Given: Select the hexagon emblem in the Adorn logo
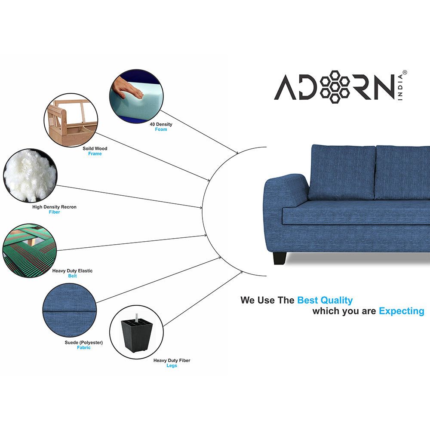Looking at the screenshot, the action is (335, 87).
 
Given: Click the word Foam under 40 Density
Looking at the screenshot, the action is (161, 129).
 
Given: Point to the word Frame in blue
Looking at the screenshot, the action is (95, 154).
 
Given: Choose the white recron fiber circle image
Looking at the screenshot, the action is (30, 175).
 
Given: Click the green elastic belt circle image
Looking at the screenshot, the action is (30, 250).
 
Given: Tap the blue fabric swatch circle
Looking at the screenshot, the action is (70, 310).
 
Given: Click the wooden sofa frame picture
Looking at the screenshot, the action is (71, 120).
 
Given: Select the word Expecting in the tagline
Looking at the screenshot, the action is (402, 311).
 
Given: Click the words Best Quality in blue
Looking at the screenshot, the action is (325, 300).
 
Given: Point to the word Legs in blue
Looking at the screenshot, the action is (172, 365).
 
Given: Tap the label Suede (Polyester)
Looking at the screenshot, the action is (84, 343).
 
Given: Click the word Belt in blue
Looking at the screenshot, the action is (72, 276).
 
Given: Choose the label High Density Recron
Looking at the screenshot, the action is (54, 207).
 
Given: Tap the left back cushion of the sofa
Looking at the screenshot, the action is (342, 172).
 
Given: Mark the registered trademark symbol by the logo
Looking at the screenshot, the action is (405, 73).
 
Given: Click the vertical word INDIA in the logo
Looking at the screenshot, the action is (400, 87).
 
